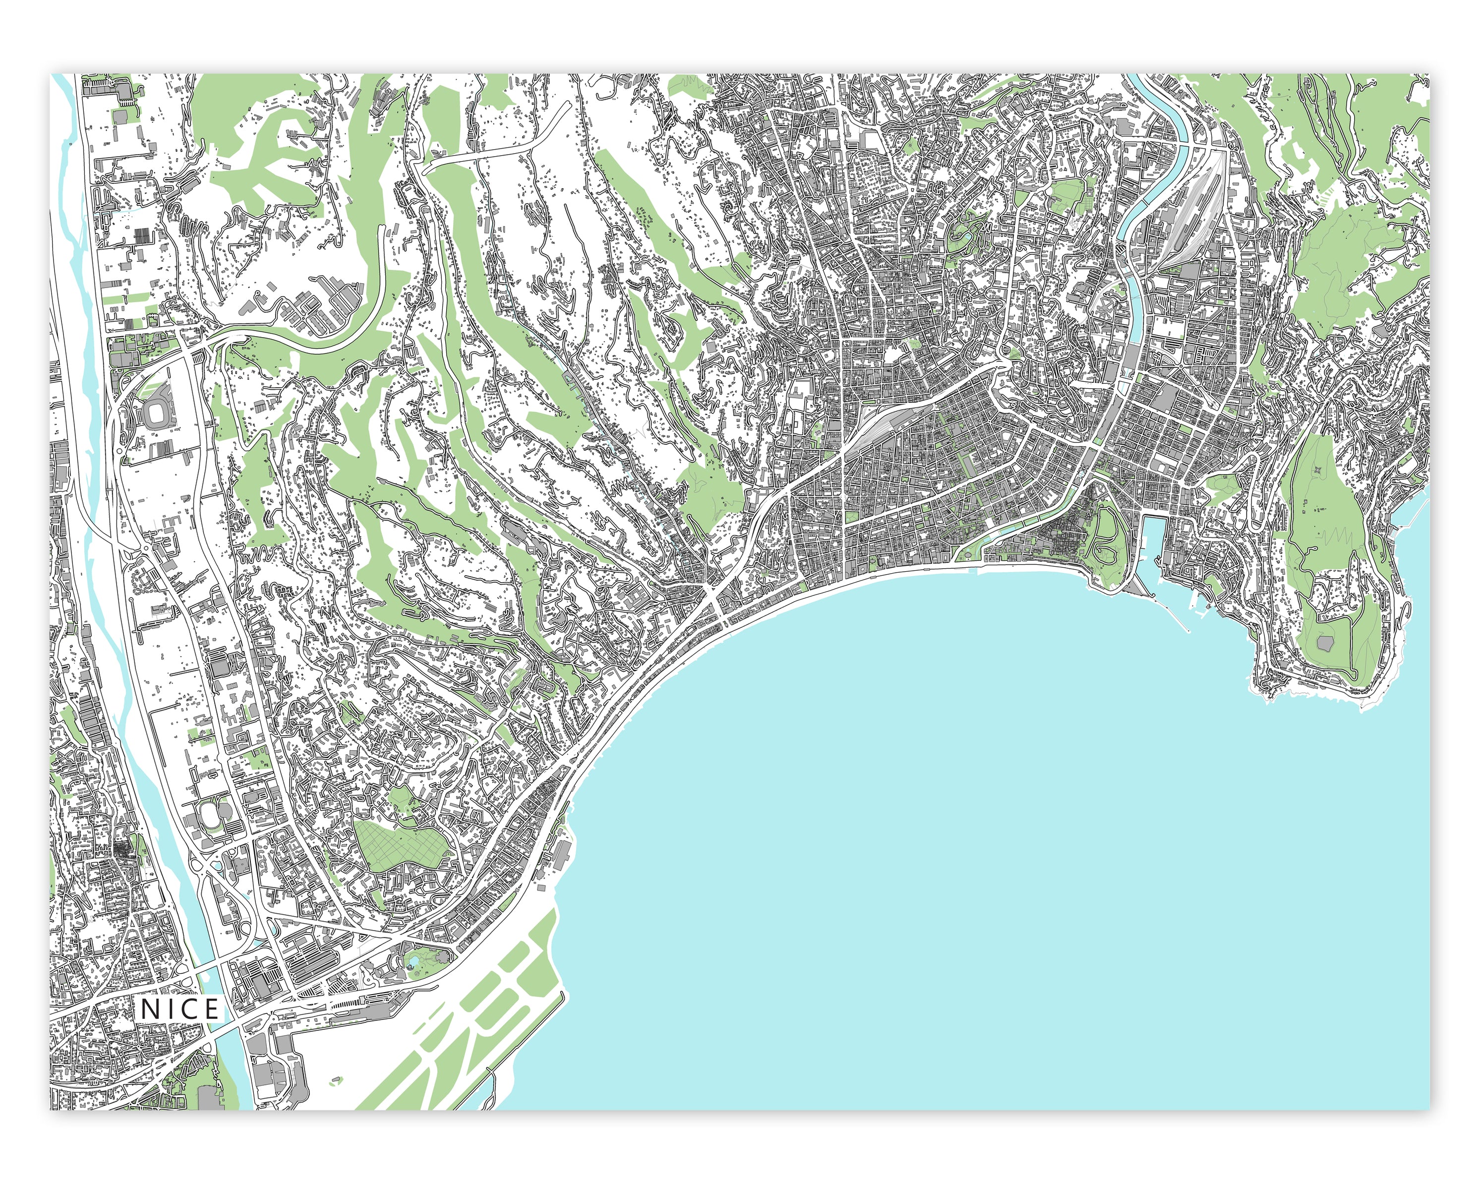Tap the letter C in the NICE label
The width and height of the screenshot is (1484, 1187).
(190, 1009)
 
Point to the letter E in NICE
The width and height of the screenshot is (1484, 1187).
(210, 1009)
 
